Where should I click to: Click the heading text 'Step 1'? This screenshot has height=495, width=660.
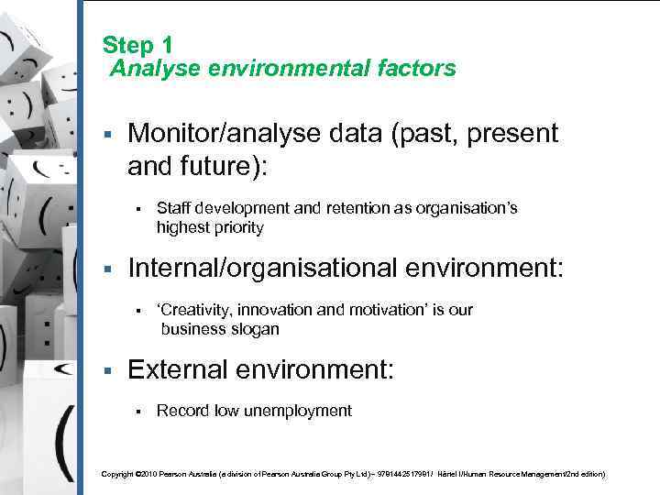[137, 45]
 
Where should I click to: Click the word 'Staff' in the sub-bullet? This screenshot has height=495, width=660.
[173, 208]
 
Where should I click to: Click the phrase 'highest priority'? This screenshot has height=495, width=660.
[210, 227]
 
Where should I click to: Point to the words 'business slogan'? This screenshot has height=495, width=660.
[220, 329]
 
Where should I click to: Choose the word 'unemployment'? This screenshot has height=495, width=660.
[300, 411]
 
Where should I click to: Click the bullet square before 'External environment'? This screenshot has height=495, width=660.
[107, 370]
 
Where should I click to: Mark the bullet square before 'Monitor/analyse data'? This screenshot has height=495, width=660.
[107, 135]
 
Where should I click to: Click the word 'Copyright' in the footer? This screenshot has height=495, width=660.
[116, 474]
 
